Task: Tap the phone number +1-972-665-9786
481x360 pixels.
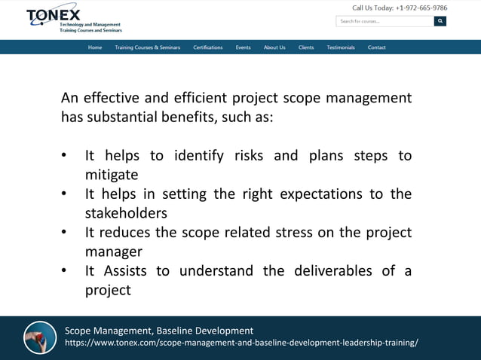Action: [421, 8]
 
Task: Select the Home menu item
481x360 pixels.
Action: [95, 47]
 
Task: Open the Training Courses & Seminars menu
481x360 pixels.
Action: [147, 47]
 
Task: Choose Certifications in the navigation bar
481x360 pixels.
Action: [207, 47]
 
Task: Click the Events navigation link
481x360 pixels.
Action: [243, 47]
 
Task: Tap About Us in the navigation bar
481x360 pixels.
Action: [274, 47]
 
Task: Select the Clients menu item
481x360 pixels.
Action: [306, 47]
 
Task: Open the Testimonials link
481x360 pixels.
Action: [341, 47]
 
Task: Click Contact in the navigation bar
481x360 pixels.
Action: [377, 47]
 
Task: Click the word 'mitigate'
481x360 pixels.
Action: [111, 175]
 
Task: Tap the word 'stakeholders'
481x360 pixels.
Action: [125, 213]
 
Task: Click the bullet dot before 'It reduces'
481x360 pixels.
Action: [65, 233]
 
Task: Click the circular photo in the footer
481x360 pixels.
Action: [40, 337]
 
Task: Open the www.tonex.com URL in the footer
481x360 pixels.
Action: [241, 343]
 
